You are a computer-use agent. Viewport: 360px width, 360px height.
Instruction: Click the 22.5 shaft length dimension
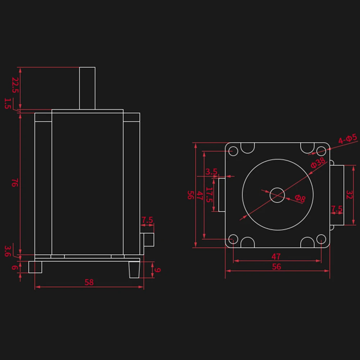coord(15,85)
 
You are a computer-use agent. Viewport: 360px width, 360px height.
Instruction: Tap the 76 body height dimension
coord(15,183)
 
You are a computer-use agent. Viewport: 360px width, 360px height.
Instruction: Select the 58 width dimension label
coord(89,282)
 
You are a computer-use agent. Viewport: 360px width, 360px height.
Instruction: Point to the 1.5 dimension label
coord(8,103)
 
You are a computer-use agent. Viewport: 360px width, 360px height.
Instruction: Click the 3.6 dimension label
coord(8,251)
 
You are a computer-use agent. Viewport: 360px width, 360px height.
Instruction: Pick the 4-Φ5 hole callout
coord(348,139)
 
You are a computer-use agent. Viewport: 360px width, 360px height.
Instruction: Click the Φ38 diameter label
coord(318,162)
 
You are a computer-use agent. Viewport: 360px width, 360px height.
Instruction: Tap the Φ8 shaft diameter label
coord(300,199)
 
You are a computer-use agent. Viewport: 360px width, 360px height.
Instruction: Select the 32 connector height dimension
coord(349,195)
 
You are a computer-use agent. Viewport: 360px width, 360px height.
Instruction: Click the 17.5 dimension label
coord(209,195)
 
